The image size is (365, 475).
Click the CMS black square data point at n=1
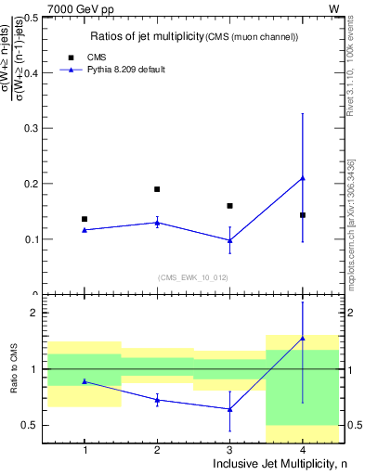[x=85, y=219]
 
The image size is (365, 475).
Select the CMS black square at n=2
[x=157, y=189]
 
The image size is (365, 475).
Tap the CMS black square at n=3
[x=229, y=206]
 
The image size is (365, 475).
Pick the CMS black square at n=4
[x=303, y=215]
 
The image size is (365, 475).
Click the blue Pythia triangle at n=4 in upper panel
[x=303, y=178]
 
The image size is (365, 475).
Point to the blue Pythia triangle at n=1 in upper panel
[x=85, y=230]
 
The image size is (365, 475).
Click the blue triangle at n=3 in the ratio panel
[x=229, y=409]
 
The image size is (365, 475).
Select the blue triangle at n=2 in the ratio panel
[x=157, y=400]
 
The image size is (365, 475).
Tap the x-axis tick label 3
[x=229, y=450]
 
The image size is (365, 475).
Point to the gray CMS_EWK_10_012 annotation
[x=193, y=277]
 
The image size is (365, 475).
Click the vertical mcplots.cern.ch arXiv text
[x=351, y=224]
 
